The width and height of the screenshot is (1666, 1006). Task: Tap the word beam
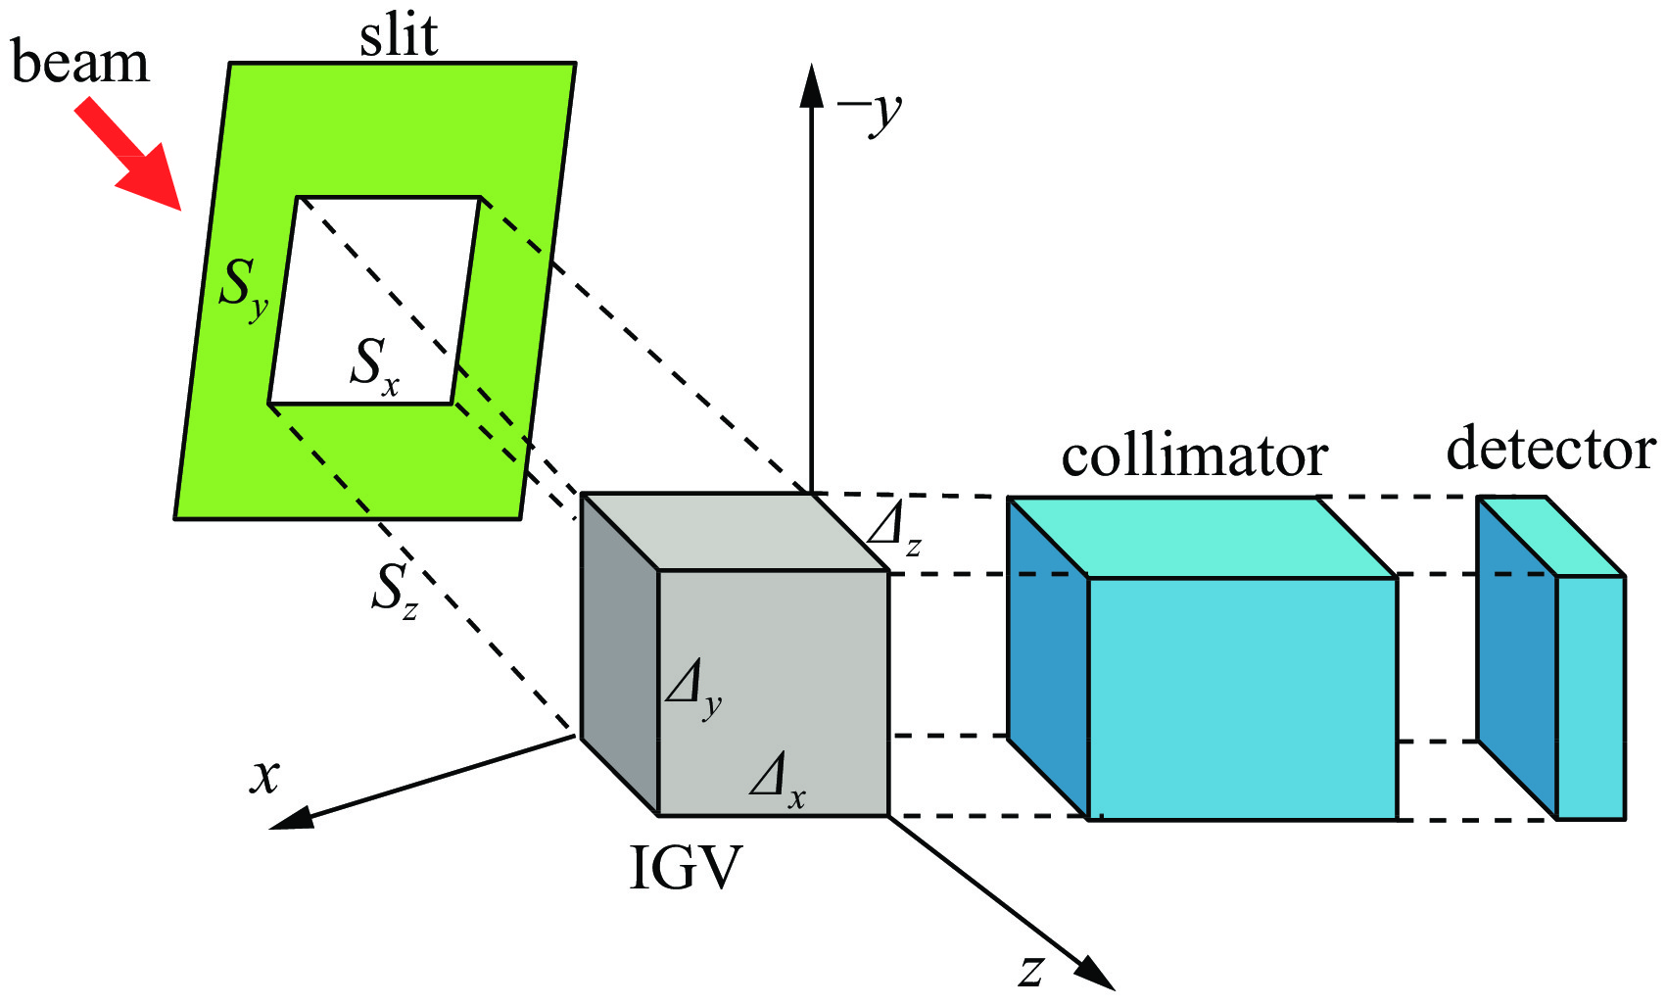pos(80,64)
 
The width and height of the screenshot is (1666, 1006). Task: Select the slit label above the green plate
pos(399,36)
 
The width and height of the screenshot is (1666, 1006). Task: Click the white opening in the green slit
pos(372,284)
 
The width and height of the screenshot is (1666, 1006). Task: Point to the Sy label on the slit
pos(242,288)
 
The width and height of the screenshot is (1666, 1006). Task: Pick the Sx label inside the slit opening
pos(375,366)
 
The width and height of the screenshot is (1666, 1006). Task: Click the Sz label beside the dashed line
pos(395,592)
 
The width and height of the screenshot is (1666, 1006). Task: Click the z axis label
pos(1031,969)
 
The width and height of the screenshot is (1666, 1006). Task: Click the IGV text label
pos(685,868)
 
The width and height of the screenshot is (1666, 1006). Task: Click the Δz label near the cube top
pos(894,532)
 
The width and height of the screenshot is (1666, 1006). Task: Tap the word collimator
pos(1194,455)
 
